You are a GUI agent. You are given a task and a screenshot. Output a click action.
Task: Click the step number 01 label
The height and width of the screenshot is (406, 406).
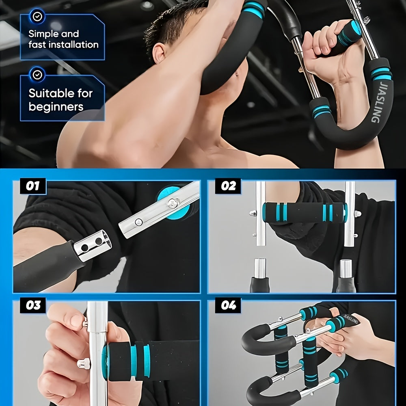pyautogui.click(x=32, y=186)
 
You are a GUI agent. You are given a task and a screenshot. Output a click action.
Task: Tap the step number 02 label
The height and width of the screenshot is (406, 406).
pyautogui.click(x=228, y=186)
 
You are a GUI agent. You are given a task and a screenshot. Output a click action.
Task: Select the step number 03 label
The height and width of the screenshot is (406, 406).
pyautogui.click(x=32, y=305)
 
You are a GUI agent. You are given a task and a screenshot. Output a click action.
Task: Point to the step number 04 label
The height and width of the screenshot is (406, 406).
pyautogui.click(x=228, y=305)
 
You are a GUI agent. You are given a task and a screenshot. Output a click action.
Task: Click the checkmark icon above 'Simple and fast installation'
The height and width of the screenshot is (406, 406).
pyautogui.click(x=37, y=16)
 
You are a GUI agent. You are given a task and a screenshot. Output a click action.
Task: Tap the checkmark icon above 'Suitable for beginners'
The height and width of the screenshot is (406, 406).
pyautogui.click(x=37, y=75)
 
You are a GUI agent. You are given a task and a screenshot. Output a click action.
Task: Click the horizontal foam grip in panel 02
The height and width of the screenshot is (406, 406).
pyautogui.click(x=304, y=212)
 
